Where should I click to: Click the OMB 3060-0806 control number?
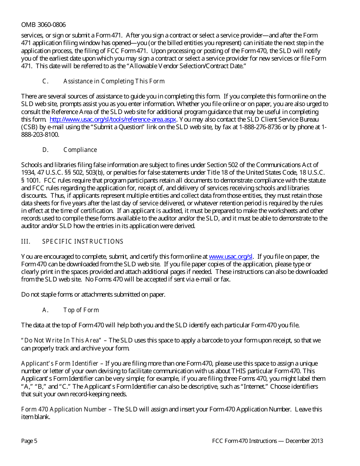coord(43,25)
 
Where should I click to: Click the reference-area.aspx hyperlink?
coord(113,119)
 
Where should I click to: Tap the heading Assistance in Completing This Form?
coord(114,81)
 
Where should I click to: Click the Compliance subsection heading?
coord(80,150)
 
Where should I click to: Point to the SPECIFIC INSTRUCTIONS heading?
coord(83,242)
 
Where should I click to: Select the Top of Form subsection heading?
coord(81,310)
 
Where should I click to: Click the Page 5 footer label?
coord(29,441)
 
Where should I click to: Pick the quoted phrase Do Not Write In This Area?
coord(61,341)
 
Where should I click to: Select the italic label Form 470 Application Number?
coord(64,410)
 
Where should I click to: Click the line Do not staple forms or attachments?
coord(93,294)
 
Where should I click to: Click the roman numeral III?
coord(25,242)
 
